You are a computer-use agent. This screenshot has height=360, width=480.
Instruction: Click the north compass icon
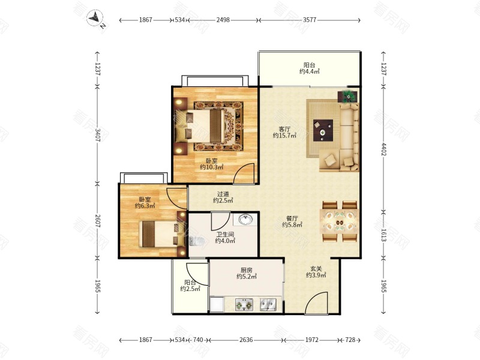point(95,19)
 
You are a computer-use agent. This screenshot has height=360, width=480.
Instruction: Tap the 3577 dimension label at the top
point(310,20)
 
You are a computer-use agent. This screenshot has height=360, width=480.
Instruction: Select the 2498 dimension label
point(223,20)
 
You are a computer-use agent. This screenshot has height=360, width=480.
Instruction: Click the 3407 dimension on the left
point(98,134)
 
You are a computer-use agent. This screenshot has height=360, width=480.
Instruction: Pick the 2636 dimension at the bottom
point(246,340)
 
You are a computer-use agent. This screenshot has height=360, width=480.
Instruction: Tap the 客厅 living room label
point(284,129)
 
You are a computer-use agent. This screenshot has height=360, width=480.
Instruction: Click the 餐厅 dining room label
point(292,218)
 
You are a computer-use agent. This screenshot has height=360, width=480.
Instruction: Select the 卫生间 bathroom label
point(225,235)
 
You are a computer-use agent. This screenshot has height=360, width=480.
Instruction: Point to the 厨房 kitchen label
point(246,271)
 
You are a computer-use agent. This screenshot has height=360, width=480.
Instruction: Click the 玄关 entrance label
point(316,269)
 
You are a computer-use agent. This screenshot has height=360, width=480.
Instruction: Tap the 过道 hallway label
point(223,194)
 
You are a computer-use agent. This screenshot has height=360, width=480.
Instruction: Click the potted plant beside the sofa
point(348,96)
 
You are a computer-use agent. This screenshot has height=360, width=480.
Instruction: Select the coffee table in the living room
point(323,130)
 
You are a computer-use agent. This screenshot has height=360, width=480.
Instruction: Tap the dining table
point(339,221)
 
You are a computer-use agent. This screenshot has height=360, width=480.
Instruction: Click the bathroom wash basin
point(245,220)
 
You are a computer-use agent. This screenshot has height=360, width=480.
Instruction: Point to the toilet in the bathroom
point(196,241)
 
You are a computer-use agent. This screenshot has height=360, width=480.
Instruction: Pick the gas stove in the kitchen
point(244,305)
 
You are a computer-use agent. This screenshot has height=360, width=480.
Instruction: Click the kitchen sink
point(268,305)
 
